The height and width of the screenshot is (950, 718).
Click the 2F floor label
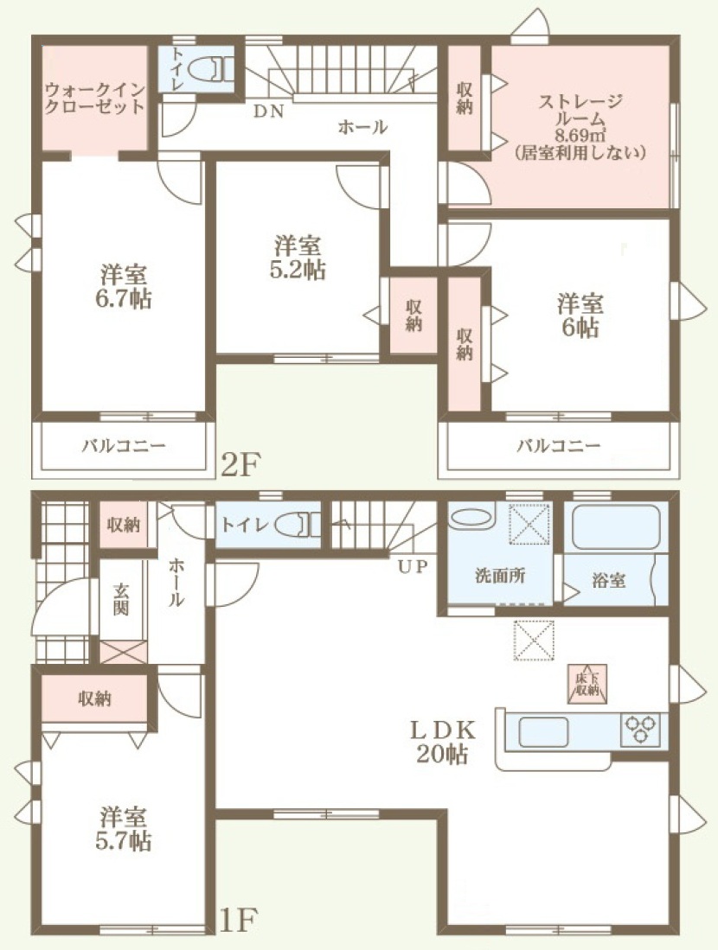click(x=240, y=465)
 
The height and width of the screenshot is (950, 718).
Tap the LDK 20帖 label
click(x=443, y=742)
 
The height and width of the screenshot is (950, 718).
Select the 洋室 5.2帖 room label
click(x=297, y=258)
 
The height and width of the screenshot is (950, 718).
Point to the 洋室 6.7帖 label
click(x=125, y=287)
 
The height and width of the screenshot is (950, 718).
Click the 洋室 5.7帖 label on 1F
click(x=124, y=829)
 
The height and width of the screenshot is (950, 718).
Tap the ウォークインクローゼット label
click(x=95, y=99)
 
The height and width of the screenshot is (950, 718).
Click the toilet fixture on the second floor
click(x=210, y=69)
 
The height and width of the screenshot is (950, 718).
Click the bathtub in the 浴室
click(x=616, y=526)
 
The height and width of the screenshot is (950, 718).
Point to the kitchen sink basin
click(x=542, y=731)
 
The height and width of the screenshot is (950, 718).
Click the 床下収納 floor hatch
click(x=587, y=684)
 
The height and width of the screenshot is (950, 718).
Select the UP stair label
click(x=413, y=566)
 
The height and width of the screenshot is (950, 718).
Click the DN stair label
click(x=269, y=112)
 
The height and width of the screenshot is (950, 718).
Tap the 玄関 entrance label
click(x=121, y=599)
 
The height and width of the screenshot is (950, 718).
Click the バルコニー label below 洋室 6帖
click(x=559, y=447)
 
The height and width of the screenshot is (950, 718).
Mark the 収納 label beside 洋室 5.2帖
click(x=413, y=316)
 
